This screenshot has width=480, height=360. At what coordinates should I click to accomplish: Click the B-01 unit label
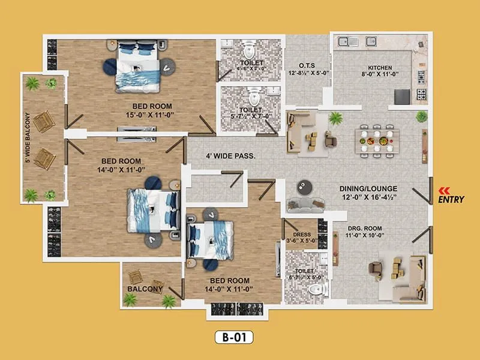pos(234,338)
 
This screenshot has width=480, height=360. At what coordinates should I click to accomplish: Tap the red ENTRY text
pos(451,200)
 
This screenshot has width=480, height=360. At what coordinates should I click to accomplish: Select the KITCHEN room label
pos(380,68)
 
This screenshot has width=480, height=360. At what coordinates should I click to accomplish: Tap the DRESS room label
pos(301,235)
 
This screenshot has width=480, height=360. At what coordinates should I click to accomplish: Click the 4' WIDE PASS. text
pos(231,156)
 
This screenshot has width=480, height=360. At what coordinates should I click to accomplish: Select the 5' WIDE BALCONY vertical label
pos(28,137)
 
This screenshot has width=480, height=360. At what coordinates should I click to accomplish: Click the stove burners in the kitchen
pos(421,94)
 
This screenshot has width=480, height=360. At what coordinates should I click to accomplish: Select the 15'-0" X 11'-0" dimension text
pos(133,115)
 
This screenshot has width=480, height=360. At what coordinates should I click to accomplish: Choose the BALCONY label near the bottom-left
pos(145,289)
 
